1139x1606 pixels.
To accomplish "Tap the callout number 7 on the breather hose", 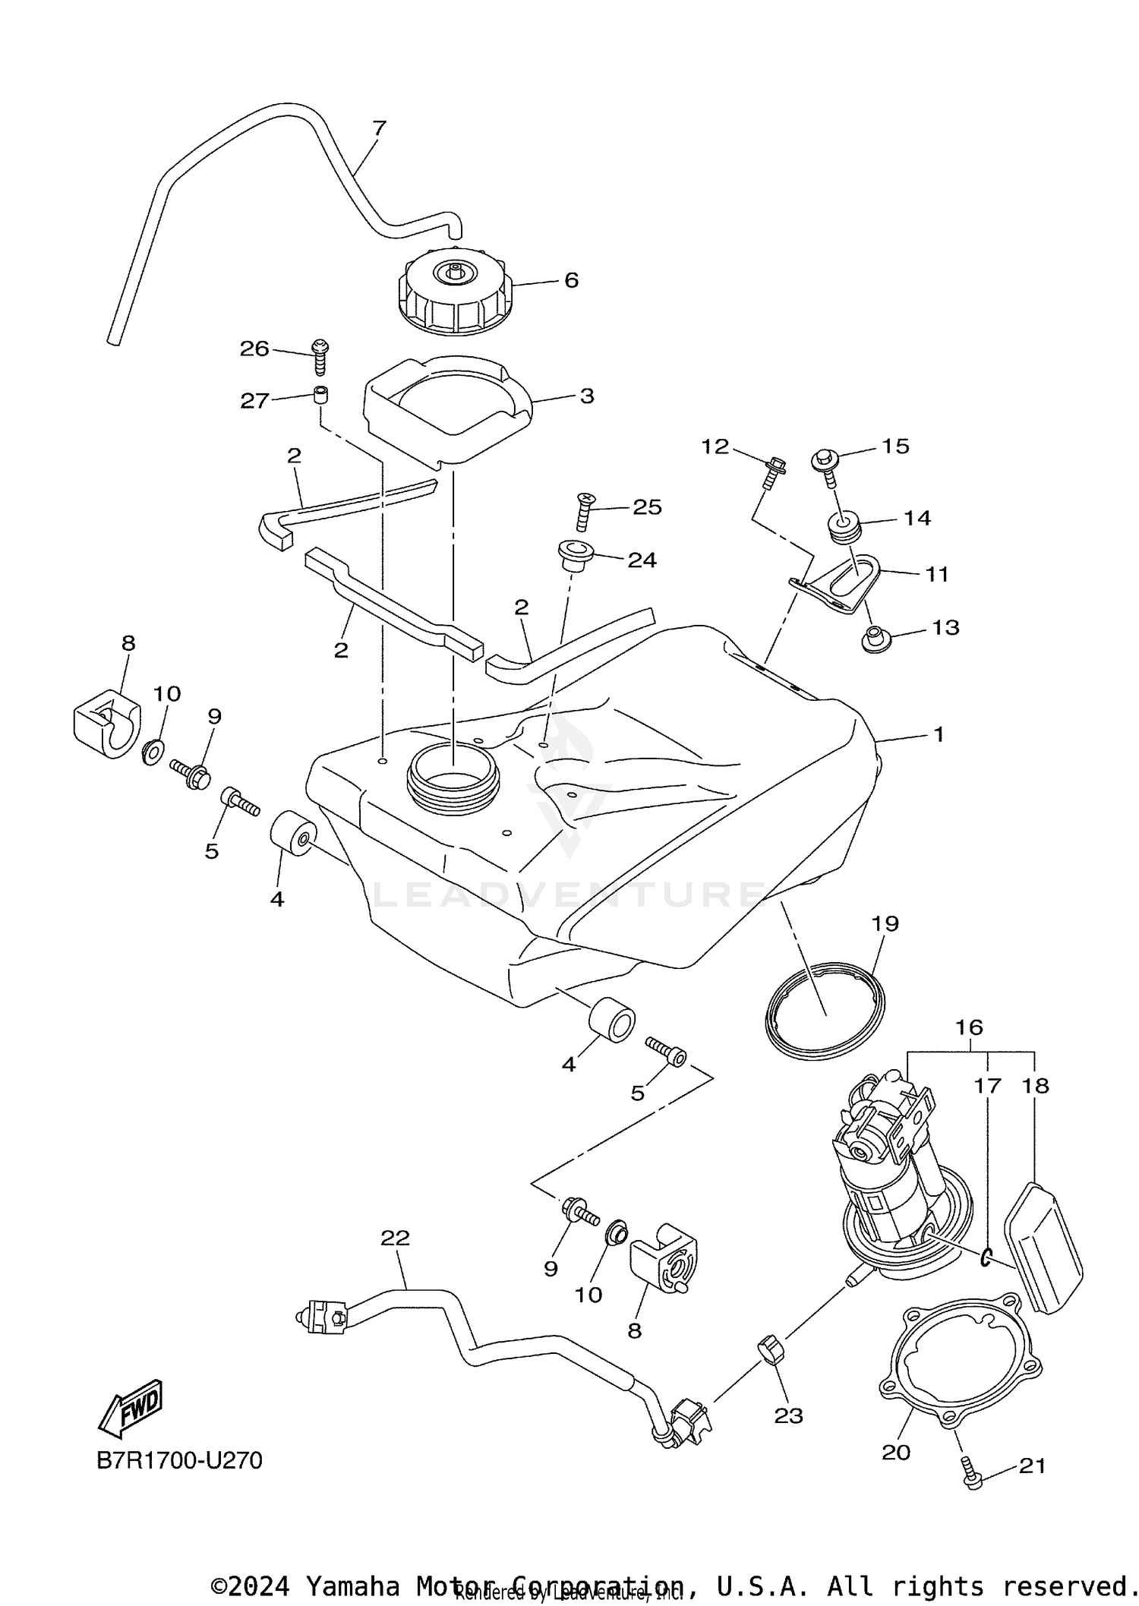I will point(380,128).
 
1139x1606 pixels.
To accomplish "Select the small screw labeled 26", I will point(320,356).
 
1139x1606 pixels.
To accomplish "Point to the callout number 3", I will point(587,396).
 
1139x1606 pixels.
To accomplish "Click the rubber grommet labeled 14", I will point(843,528).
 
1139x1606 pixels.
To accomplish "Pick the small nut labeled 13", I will point(876,639).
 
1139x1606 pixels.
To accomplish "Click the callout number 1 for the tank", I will point(939,734).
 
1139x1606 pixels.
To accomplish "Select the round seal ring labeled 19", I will point(825,1011).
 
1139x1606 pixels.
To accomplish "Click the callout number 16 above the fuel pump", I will point(969,1027).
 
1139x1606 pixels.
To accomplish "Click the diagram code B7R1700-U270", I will point(179,1460).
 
